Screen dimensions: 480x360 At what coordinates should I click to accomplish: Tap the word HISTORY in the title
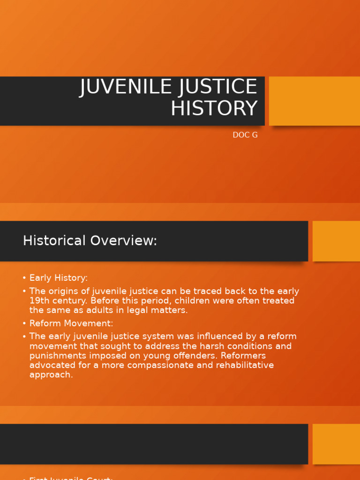[214, 109]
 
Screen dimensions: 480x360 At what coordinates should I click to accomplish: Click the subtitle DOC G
[245, 135]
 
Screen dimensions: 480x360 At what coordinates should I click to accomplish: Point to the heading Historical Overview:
[90, 241]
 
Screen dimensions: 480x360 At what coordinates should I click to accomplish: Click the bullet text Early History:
[59, 278]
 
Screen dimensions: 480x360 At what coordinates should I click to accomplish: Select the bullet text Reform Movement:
[71, 323]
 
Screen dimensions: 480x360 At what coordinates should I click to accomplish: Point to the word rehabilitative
[244, 365]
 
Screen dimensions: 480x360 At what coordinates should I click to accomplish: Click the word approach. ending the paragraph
[51, 375]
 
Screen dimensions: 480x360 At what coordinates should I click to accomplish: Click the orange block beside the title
[315, 101]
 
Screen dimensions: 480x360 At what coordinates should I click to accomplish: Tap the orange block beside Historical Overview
[336, 241]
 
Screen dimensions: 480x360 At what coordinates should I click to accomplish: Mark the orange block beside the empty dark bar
[336, 444]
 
